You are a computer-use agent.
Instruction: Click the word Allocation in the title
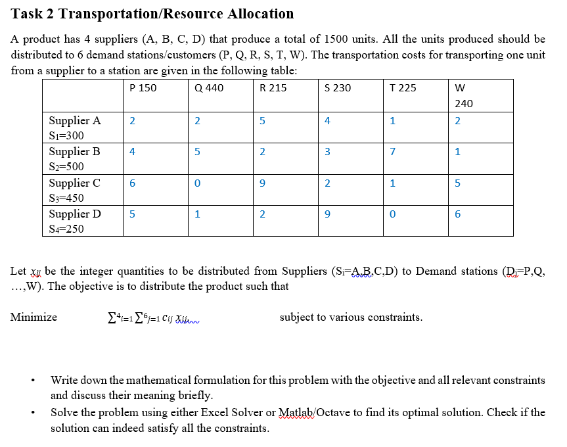(261, 14)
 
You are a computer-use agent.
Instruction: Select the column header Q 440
(210, 87)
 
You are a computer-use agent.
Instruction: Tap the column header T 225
(403, 87)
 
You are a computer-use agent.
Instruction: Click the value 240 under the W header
(463, 103)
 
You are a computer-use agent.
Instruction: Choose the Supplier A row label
(75, 120)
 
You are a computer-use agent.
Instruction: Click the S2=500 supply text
(66, 166)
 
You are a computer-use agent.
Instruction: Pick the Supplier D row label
(75, 214)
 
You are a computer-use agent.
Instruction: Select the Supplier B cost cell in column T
(392, 152)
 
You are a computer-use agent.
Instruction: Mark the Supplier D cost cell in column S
(327, 214)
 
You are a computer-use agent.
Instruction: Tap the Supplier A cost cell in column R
(262, 120)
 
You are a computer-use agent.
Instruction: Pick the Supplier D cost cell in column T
(392, 214)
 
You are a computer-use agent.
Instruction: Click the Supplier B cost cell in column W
(457, 152)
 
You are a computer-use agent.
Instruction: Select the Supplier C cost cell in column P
(132, 183)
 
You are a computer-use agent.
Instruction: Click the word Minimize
(34, 318)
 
